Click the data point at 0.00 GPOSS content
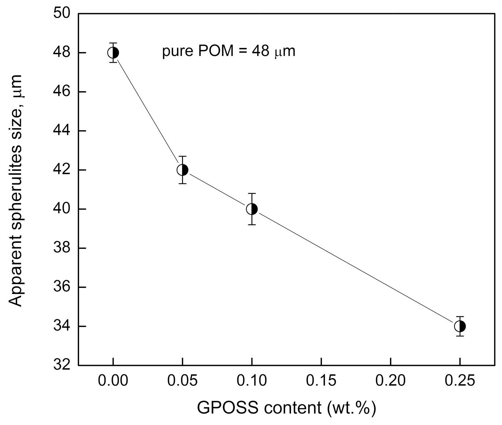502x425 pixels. point(113,53)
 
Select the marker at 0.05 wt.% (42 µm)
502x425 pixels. point(182,170)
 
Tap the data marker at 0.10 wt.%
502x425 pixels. point(252,209)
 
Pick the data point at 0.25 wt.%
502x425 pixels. point(460,326)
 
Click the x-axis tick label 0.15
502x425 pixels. point(321,381)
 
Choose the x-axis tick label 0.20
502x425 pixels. point(390,381)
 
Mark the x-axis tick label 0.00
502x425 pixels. point(113,381)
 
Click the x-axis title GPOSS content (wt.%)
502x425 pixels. point(286,408)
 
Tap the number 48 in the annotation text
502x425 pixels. point(260,52)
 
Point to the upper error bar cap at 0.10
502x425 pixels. point(252,193)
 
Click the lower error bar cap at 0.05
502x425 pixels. point(182,184)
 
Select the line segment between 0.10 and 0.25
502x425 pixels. point(356,268)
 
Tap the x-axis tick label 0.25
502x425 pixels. point(460,381)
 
